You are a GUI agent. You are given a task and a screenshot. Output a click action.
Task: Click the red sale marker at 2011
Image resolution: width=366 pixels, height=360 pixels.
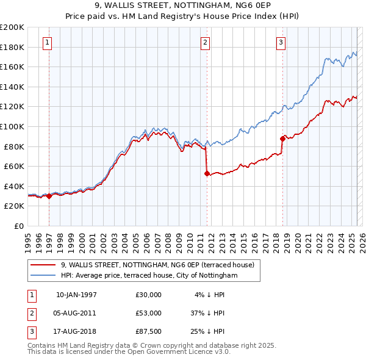[207, 173]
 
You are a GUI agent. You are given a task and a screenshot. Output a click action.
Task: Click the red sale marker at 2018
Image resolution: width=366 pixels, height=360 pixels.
[282, 139]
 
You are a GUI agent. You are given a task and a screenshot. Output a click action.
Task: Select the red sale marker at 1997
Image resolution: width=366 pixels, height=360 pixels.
[49, 196]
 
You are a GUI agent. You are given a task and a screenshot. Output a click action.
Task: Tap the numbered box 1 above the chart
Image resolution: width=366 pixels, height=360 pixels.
[47, 43]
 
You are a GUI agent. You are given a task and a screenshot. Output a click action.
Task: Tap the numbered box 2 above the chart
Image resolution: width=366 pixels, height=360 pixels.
[205, 43]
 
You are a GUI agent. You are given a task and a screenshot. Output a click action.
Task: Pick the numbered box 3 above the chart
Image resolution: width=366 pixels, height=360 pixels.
[281, 43]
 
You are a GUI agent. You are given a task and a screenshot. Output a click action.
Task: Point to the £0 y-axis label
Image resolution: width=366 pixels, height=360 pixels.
[20, 226]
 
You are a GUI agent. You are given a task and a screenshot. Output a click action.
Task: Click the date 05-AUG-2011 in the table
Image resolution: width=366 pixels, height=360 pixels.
[76, 313]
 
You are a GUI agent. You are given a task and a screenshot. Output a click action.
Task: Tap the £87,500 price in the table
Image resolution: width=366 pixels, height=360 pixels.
[149, 331]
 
